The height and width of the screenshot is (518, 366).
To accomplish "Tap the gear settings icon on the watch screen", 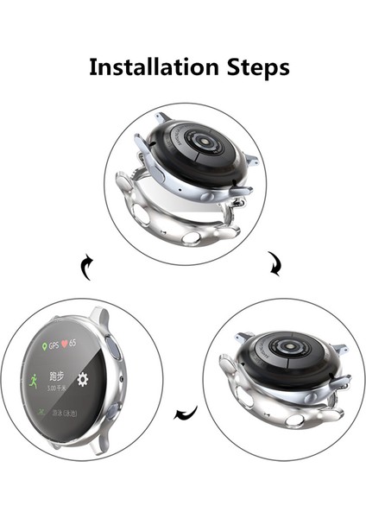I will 83,378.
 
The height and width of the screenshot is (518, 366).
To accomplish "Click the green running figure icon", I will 32,377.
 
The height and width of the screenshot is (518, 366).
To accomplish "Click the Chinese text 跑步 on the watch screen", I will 58,376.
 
